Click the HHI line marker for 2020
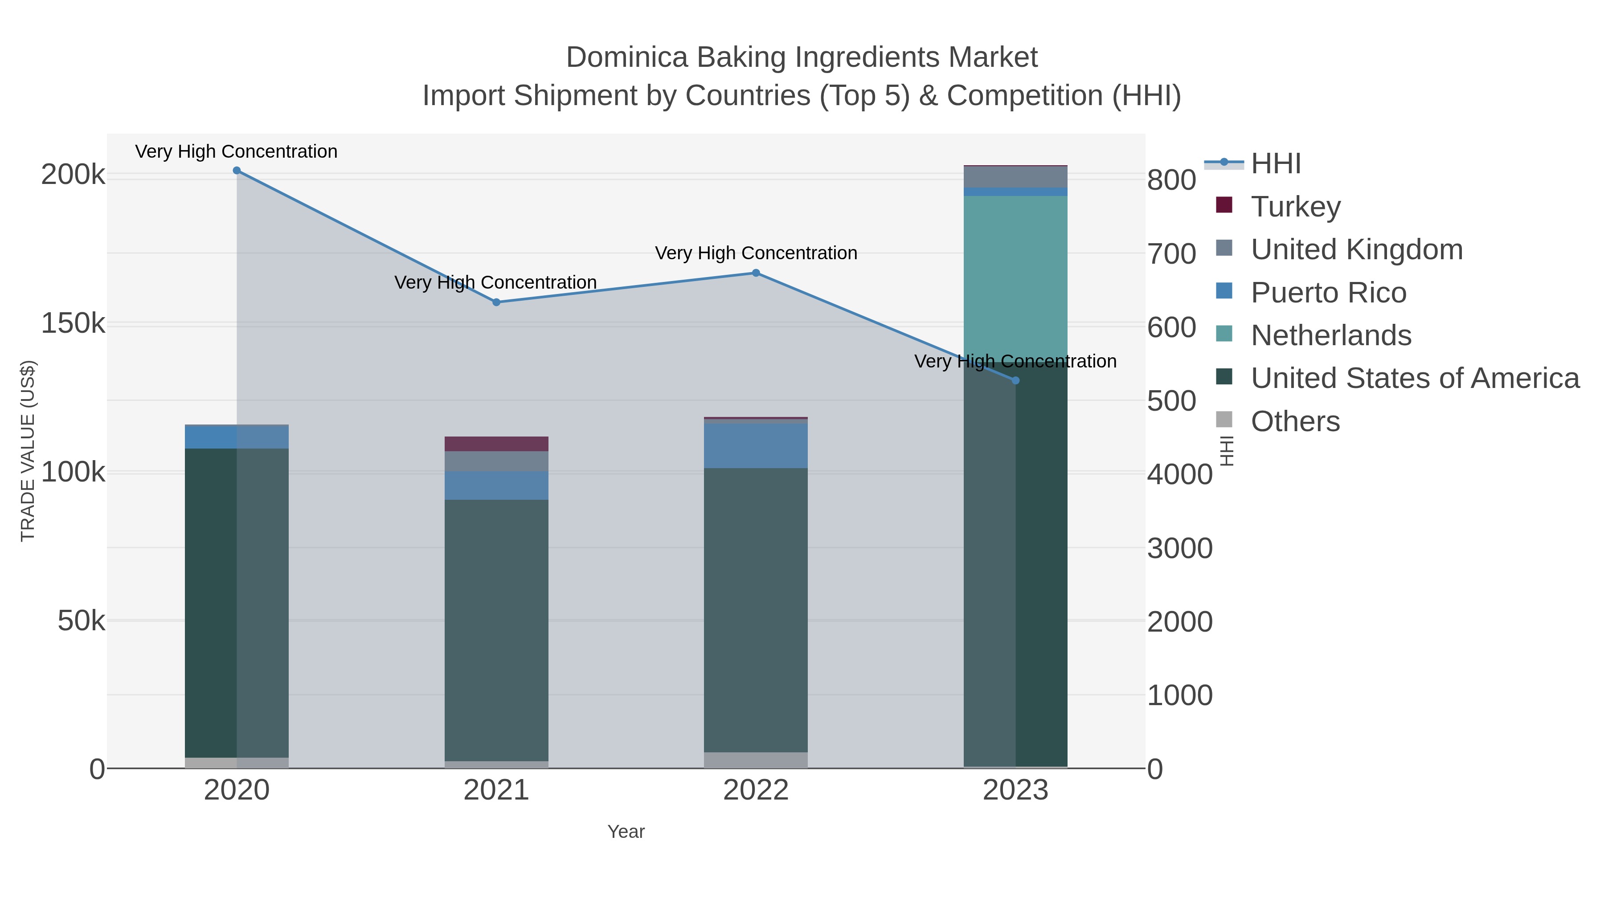(x=237, y=171)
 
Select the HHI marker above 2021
(x=496, y=302)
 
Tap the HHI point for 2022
(x=756, y=273)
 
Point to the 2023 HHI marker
(x=1015, y=380)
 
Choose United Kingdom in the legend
(x=1356, y=249)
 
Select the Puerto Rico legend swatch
(x=1224, y=291)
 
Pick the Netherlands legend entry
(x=1330, y=335)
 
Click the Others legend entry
(x=1295, y=421)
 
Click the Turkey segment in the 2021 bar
(x=496, y=444)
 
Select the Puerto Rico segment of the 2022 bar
(x=756, y=446)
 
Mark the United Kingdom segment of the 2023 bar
(x=1015, y=177)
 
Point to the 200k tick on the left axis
(x=74, y=175)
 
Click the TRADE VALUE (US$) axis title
(x=28, y=451)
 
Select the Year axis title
(x=626, y=832)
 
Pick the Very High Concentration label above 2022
(x=756, y=253)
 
